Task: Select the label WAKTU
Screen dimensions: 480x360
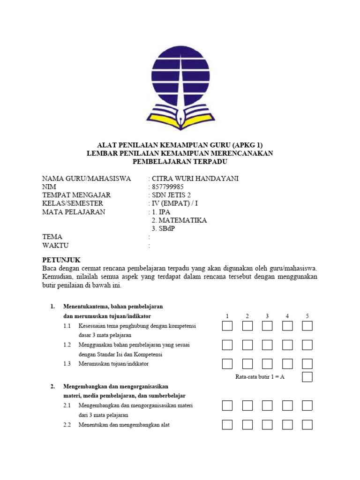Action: coord(55,245)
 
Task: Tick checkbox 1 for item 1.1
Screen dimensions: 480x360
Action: coord(227,326)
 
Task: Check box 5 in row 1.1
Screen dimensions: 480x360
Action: coord(307,326)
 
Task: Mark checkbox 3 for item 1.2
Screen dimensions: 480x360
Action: coord(267,345)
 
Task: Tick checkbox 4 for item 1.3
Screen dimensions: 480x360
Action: coord(287,364)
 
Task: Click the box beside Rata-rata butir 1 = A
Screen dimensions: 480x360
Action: coord(307,377)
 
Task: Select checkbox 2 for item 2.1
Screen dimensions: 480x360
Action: coord(247,405)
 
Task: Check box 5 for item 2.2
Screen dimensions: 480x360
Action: coord(307,425)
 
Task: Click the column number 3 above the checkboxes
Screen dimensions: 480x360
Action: coord(267,316)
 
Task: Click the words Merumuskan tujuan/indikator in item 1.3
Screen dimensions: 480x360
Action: coord(113,364)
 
